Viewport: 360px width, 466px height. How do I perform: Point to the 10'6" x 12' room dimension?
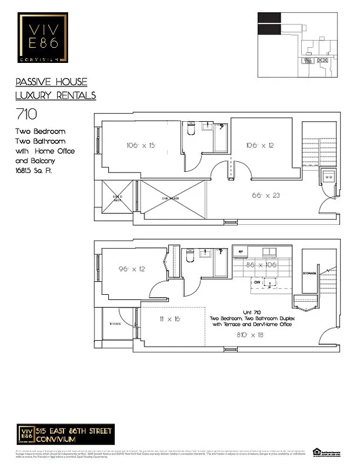coord(259,145)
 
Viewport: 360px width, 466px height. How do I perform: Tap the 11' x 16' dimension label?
coord(171,320)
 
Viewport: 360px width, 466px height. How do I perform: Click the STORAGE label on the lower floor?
coord(309,273)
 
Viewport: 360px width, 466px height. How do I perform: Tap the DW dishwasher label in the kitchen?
coord(256,283)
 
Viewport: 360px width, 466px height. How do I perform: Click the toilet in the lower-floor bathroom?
coord(190,257)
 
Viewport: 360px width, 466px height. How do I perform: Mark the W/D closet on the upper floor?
coord(328,177)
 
